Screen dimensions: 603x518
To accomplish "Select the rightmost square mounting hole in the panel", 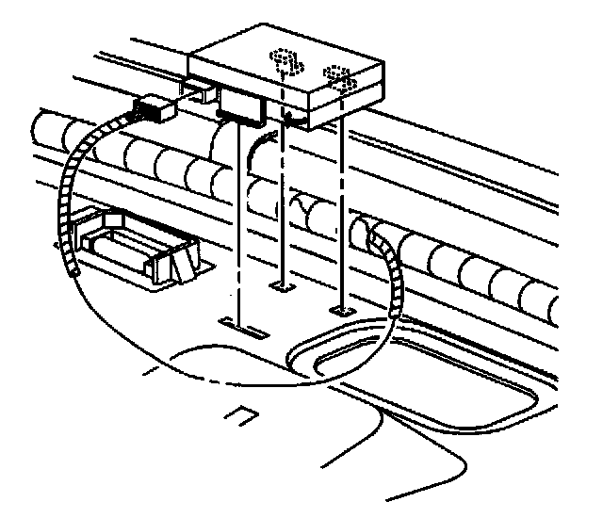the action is [x=342, y=309].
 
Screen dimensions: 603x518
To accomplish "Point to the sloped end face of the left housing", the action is [x=180, y=263].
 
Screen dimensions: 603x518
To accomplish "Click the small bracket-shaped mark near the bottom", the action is [x=242, y=415].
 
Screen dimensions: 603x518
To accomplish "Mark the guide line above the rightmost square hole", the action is [x=342, y=217].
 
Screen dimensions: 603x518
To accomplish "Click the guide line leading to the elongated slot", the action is [x=239, y=235].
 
